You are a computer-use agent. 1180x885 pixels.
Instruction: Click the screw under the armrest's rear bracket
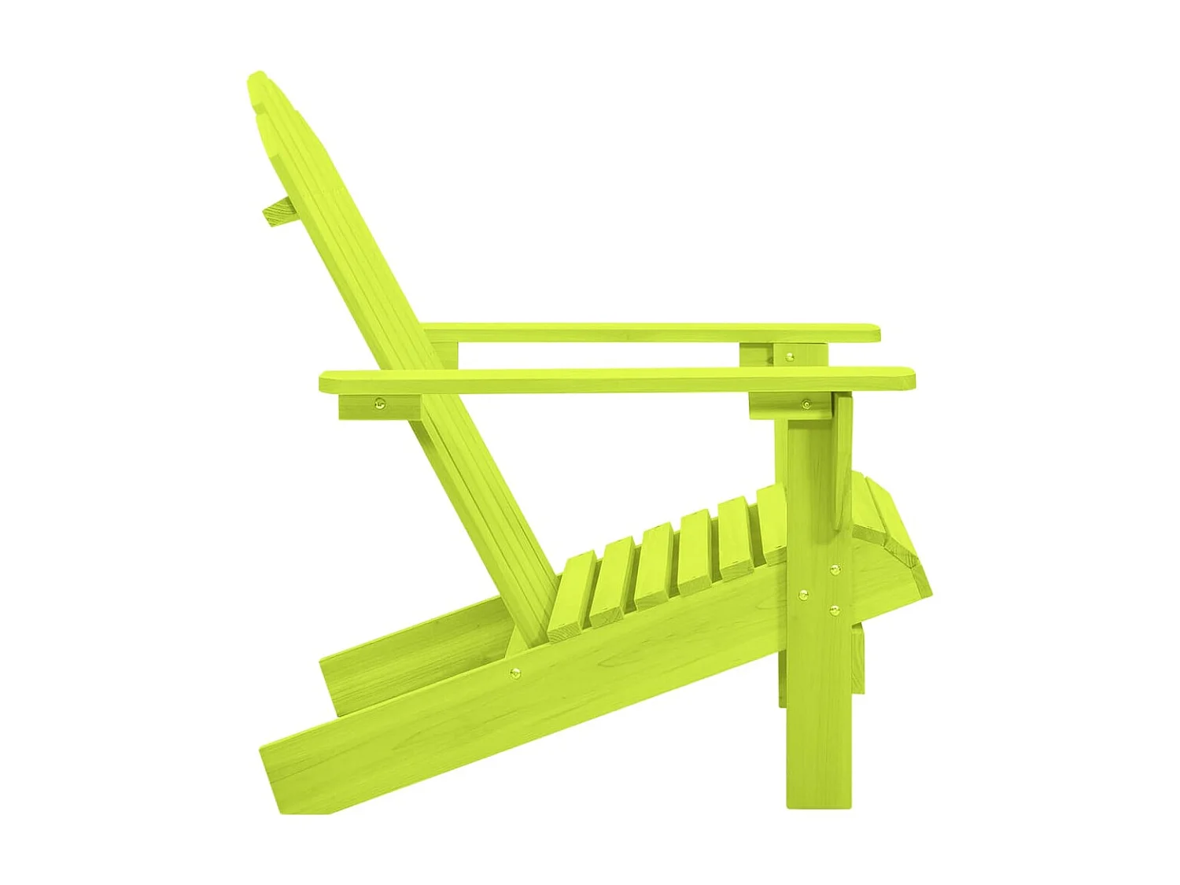[381, 405]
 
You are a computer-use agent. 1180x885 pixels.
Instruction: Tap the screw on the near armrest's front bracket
[806, 404]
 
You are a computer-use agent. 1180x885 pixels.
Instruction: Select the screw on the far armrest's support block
[790, 356]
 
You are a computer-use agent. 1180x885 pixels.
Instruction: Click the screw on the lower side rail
[515, 672]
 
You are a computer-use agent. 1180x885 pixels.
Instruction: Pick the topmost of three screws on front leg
[835, 569]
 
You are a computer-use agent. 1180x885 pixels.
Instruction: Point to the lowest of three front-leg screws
[836, 608]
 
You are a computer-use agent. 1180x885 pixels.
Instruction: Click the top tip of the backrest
[256, 78]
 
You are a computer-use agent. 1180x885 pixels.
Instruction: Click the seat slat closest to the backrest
[570, 590]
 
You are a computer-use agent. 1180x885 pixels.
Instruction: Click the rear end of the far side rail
[330, 680]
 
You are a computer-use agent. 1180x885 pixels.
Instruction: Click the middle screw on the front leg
[803, 596]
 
